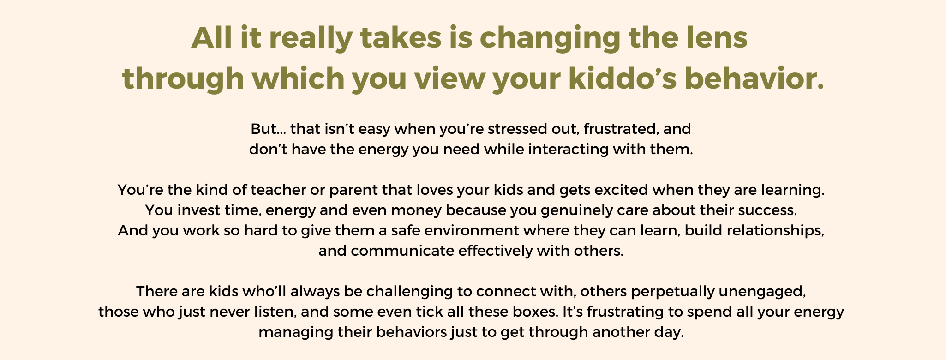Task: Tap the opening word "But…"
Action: (x=268, y=129)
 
